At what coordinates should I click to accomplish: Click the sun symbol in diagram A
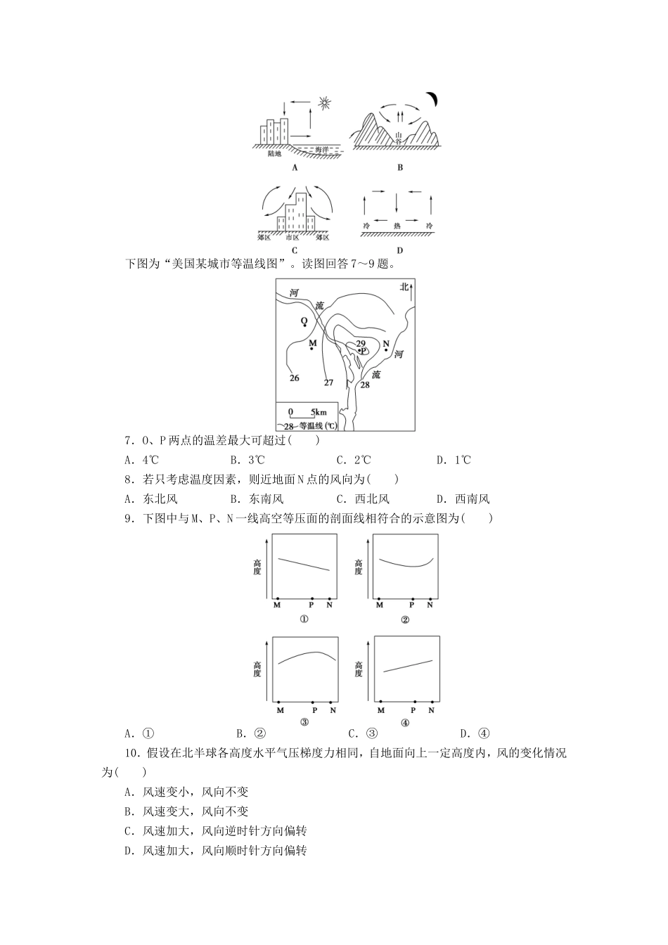click(x=323, y=103)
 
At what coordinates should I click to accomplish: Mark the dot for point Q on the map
click(x=304, y=326)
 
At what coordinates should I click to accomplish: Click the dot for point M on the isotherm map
click(x=312, y=349)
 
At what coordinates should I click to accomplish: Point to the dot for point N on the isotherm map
click(x=386, y=349)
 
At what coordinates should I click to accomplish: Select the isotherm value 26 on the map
click(x=294, y=378)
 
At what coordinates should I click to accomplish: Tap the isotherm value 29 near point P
click(x=360, y=343)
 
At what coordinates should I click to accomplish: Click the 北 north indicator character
click(x=404, y=287)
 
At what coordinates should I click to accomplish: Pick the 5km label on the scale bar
click(x=319, y=412)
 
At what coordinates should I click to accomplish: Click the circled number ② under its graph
click(x=405, y=619)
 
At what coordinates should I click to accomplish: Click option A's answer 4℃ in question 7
click(x=150, y=461)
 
